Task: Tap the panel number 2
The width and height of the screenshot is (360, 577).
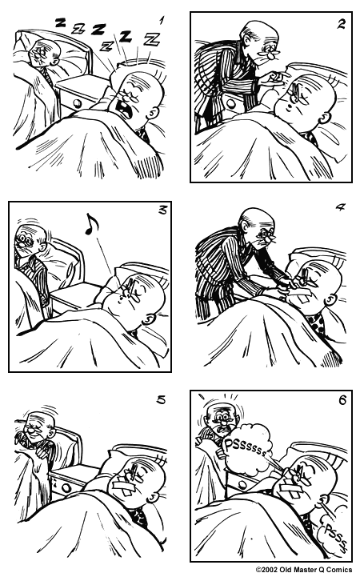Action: point(339,24)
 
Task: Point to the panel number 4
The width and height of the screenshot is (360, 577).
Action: point(339,207)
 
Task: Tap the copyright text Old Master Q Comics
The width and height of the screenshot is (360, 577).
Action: point(303,570)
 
